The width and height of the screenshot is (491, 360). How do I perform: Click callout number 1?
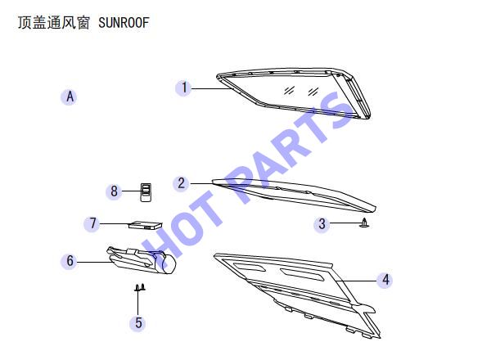coord(184,88)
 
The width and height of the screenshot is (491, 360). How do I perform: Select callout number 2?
coord(182,183)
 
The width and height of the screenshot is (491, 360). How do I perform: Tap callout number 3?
coord(322,224)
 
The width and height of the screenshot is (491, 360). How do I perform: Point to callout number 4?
coord(385,280)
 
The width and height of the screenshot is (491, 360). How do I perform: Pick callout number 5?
coord(138,322)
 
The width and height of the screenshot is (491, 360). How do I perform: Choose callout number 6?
coord(70,261)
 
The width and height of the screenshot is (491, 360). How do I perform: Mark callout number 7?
coord(92,223)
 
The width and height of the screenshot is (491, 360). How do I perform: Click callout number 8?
coord(114,191)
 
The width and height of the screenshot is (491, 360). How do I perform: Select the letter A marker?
coord(70,97)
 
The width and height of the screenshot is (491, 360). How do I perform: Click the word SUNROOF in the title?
coord(124,23)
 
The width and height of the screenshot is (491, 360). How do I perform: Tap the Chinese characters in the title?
coord(53,23)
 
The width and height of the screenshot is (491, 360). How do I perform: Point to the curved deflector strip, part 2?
coord(294,195)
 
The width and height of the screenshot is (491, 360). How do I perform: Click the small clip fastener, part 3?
coord(364,223)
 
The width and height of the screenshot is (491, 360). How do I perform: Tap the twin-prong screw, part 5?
coord(140,288)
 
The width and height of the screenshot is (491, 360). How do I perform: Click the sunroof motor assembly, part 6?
coord(141,260)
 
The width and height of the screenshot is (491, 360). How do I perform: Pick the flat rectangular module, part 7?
coord(146,225)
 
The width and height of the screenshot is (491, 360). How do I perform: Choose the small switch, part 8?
coord(146,192)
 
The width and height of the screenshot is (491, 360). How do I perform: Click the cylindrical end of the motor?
coord(169,263)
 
